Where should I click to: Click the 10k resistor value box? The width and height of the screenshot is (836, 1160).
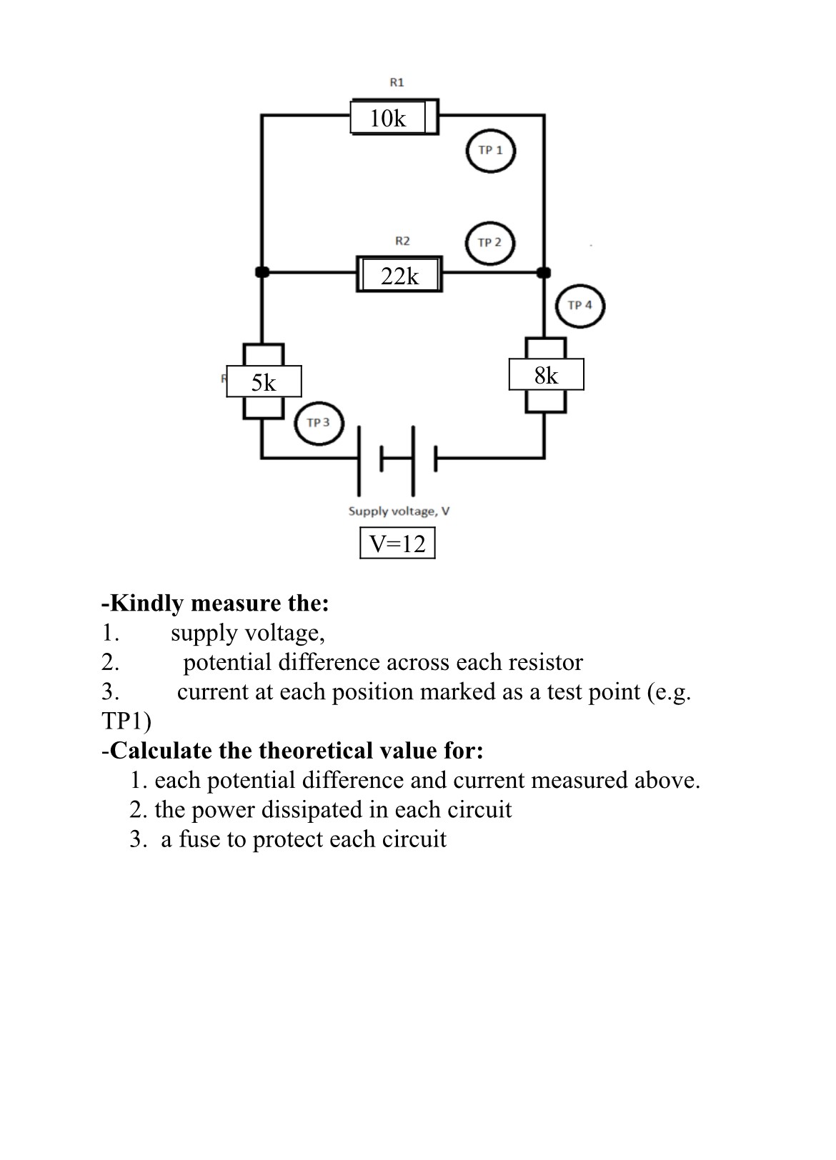click(388, 118)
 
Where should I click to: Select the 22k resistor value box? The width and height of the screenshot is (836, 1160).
click(399, 275)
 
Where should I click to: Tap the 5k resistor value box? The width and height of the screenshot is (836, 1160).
click(264, 382)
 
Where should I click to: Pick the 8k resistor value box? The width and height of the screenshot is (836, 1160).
click(546, 375)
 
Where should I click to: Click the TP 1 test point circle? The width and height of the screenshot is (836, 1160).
click(490, 151)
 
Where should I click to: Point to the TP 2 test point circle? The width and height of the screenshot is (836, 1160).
click(489, 242)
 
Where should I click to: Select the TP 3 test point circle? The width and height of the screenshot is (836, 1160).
click(319, 422)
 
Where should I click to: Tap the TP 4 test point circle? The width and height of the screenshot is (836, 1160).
click(579, 306)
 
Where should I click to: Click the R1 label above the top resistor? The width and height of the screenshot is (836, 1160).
click(397, 82)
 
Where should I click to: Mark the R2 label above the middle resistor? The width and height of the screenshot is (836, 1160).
click(402, 241)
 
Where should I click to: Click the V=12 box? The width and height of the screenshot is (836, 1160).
click(397, 544)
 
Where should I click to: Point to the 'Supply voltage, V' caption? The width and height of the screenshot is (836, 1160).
click(399, 511)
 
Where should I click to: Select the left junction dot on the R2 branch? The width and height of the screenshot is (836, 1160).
click(262, 272)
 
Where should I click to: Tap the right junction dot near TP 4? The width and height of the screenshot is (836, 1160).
click(544, 272)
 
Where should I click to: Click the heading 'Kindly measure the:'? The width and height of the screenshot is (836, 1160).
click(216, 604)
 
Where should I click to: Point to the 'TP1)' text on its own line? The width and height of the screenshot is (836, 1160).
click(126, 721)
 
